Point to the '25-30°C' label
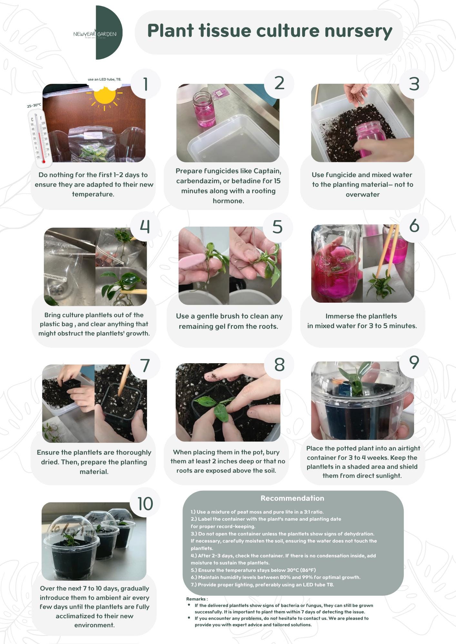point(34,105)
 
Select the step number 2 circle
point(279,83)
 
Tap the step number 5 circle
point(278,227)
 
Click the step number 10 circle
point(145,503)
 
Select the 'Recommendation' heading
point(292,498)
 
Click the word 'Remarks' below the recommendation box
point(196,599)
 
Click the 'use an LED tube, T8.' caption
point(104,79)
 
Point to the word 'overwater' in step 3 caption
point(362,194)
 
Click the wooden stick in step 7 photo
point(124,380)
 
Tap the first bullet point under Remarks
point(189,605)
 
